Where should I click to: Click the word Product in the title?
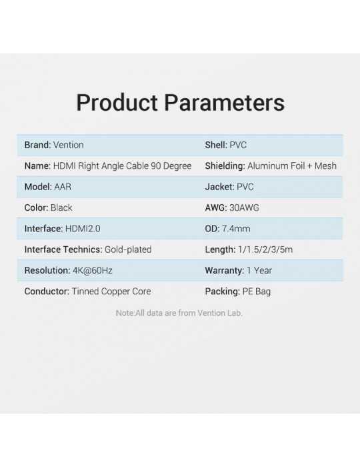tap(117, 103)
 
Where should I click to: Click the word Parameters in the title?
tap(224, 103)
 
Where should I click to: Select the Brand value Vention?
tap(69, 145)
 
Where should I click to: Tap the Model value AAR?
tap(63, 187)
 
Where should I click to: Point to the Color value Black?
tap(61, 207)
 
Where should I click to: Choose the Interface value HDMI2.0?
tap(83, 228)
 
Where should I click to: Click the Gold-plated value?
tap(128, 250)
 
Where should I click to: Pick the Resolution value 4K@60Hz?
tap(93, 270)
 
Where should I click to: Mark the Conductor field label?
tap(47, 292)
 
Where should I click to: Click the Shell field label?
tap(216, 145)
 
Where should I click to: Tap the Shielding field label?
tap(225, 166)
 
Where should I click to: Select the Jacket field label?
tap(219, 187)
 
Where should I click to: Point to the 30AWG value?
tap(244, 207)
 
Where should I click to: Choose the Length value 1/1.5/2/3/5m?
tap(265, 250)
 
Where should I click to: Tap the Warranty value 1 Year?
tap(259, 270)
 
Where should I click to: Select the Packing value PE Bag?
tap(257, 292)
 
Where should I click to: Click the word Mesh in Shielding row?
tap(325, 166)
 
